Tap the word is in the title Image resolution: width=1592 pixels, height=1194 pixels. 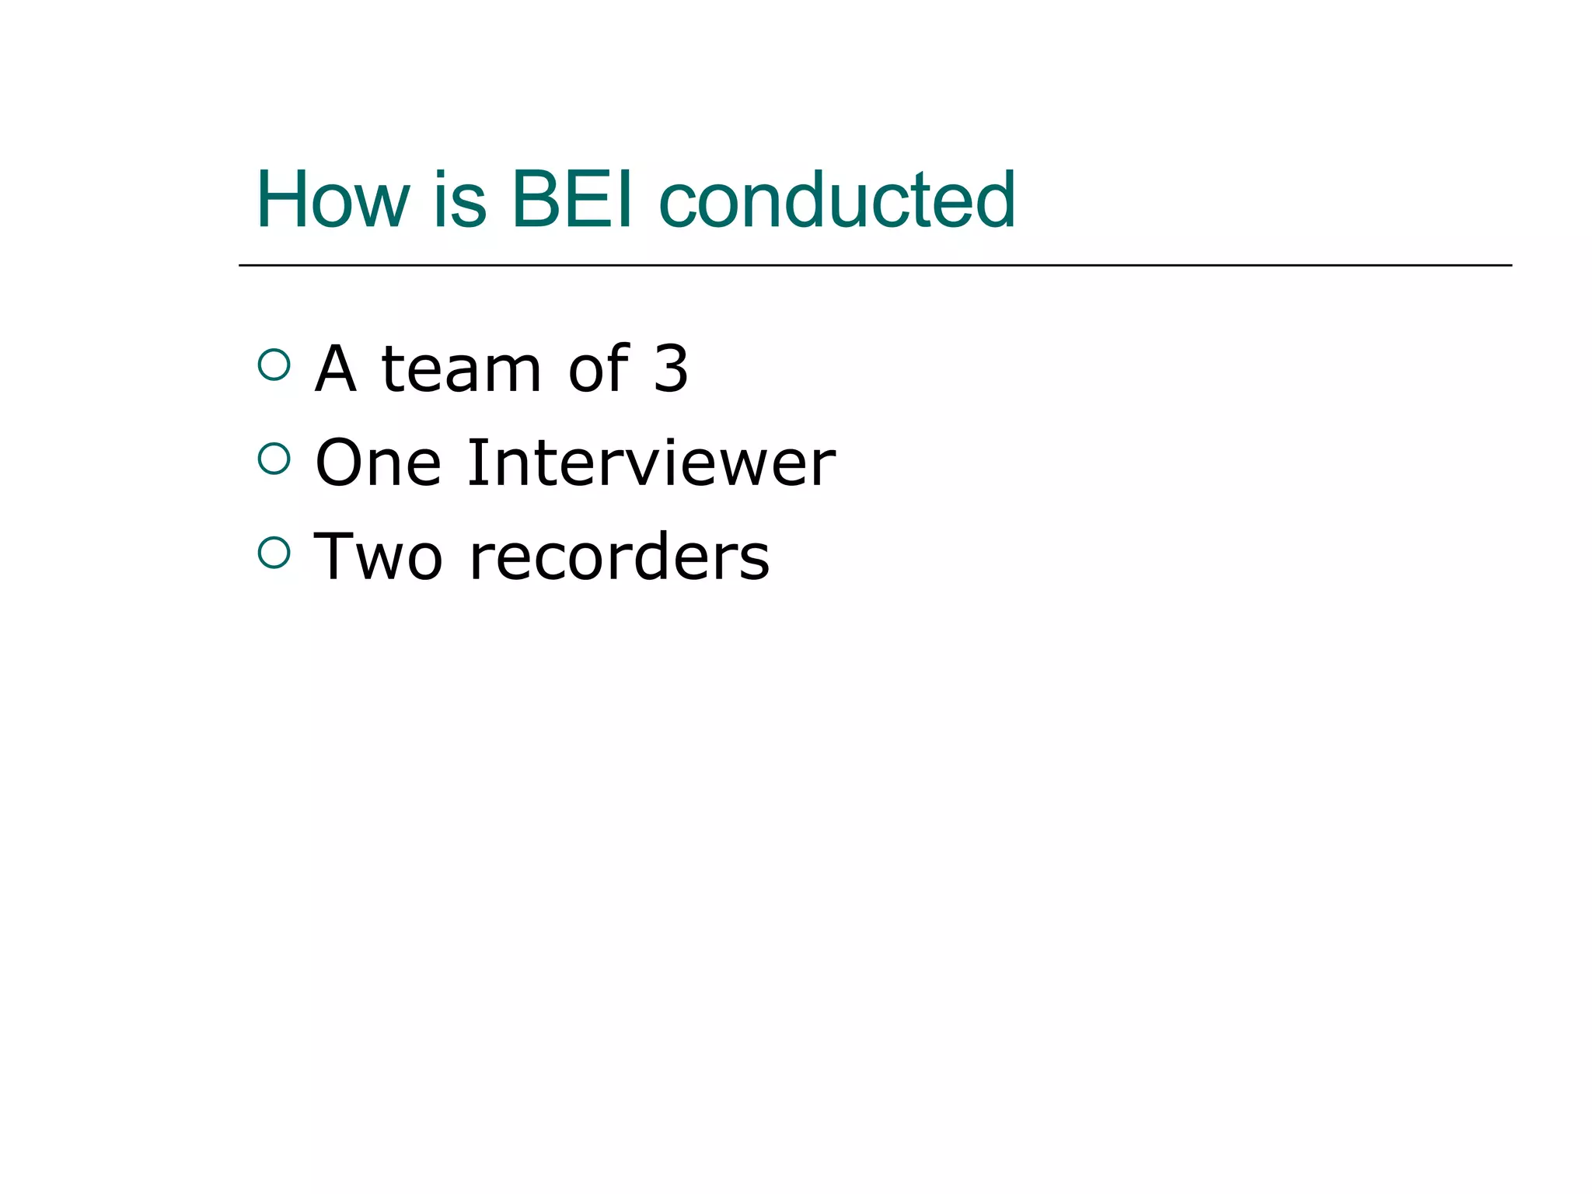[459, 201]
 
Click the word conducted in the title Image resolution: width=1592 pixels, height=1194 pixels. [836, 201]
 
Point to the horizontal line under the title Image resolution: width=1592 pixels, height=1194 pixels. [875, 266]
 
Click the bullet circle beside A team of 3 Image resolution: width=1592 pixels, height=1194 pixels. [274, 365]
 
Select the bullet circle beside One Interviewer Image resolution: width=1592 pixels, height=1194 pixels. [274, 459]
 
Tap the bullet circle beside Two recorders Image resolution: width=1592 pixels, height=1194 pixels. [274, 553]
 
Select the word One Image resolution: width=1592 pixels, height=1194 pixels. [379, 463]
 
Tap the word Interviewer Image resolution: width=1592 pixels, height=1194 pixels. [651, 463]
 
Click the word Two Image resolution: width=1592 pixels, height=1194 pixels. [379, 557]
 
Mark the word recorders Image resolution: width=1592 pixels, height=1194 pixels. [620, 557]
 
